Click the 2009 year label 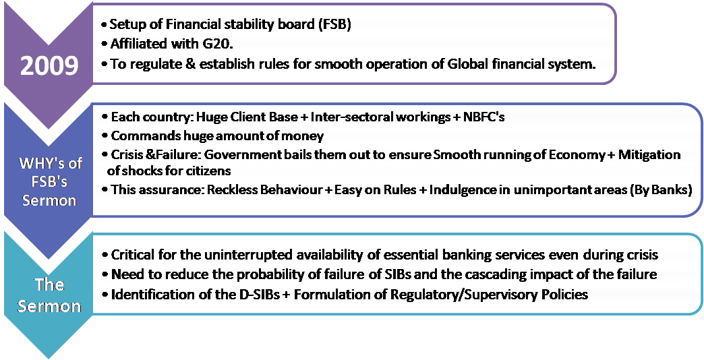[50, 66]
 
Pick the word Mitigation [649, 155]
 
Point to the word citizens [214, 170]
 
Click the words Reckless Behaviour [264, 189]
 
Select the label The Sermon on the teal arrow [49, 295]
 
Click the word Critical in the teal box [133, 255]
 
